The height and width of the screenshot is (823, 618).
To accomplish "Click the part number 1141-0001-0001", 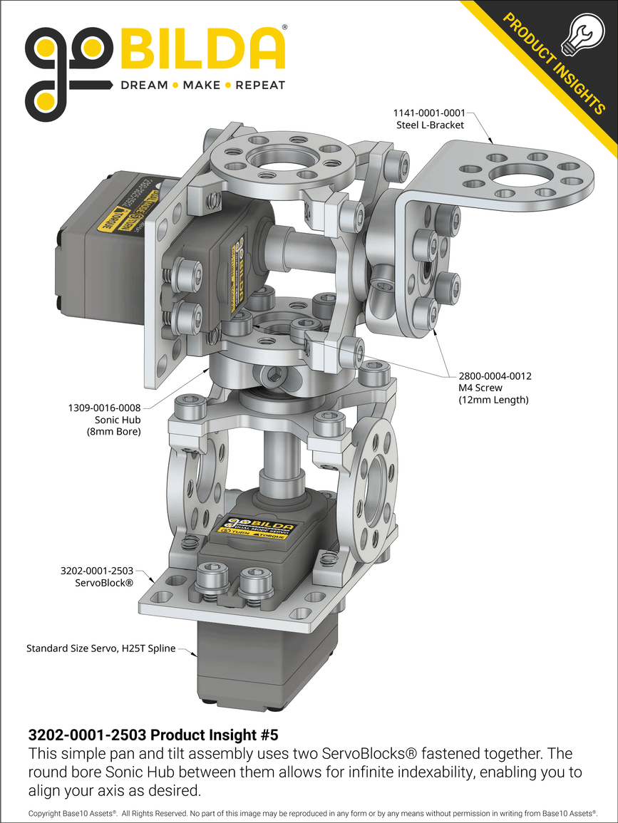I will (429, 113).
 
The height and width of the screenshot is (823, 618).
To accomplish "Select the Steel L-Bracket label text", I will (430, 125).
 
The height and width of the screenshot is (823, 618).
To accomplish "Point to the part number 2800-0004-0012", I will (495, 376).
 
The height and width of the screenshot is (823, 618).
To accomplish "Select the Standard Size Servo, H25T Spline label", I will (101, 648).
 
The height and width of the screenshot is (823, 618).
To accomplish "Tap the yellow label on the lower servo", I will (255, 528).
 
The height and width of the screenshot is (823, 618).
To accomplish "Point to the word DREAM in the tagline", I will (144, 86).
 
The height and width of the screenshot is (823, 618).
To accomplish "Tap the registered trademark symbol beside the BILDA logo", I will (285, 27).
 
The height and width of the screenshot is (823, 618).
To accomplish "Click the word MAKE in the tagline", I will (202, 86).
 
